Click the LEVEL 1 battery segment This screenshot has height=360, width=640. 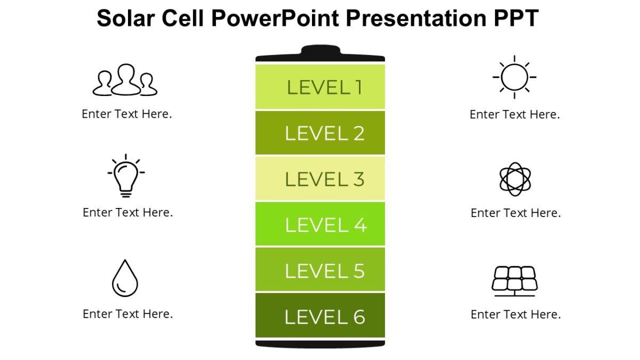320,86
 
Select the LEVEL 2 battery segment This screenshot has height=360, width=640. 320,133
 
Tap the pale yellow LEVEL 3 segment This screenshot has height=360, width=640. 320,179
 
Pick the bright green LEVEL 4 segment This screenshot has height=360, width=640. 320,225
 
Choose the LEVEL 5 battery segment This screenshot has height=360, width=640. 320,270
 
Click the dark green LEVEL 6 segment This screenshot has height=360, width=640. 320,316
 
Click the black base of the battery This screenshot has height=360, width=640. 320,343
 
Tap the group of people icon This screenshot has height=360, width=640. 125,81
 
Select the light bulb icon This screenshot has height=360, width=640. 126,176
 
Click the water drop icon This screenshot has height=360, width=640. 125,278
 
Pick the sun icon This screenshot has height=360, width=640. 514,77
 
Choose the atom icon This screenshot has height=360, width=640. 515,179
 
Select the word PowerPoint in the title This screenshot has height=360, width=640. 275,18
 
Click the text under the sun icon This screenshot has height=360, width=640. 515,114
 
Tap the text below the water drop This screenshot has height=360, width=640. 127,314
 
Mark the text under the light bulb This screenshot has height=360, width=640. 127,212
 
